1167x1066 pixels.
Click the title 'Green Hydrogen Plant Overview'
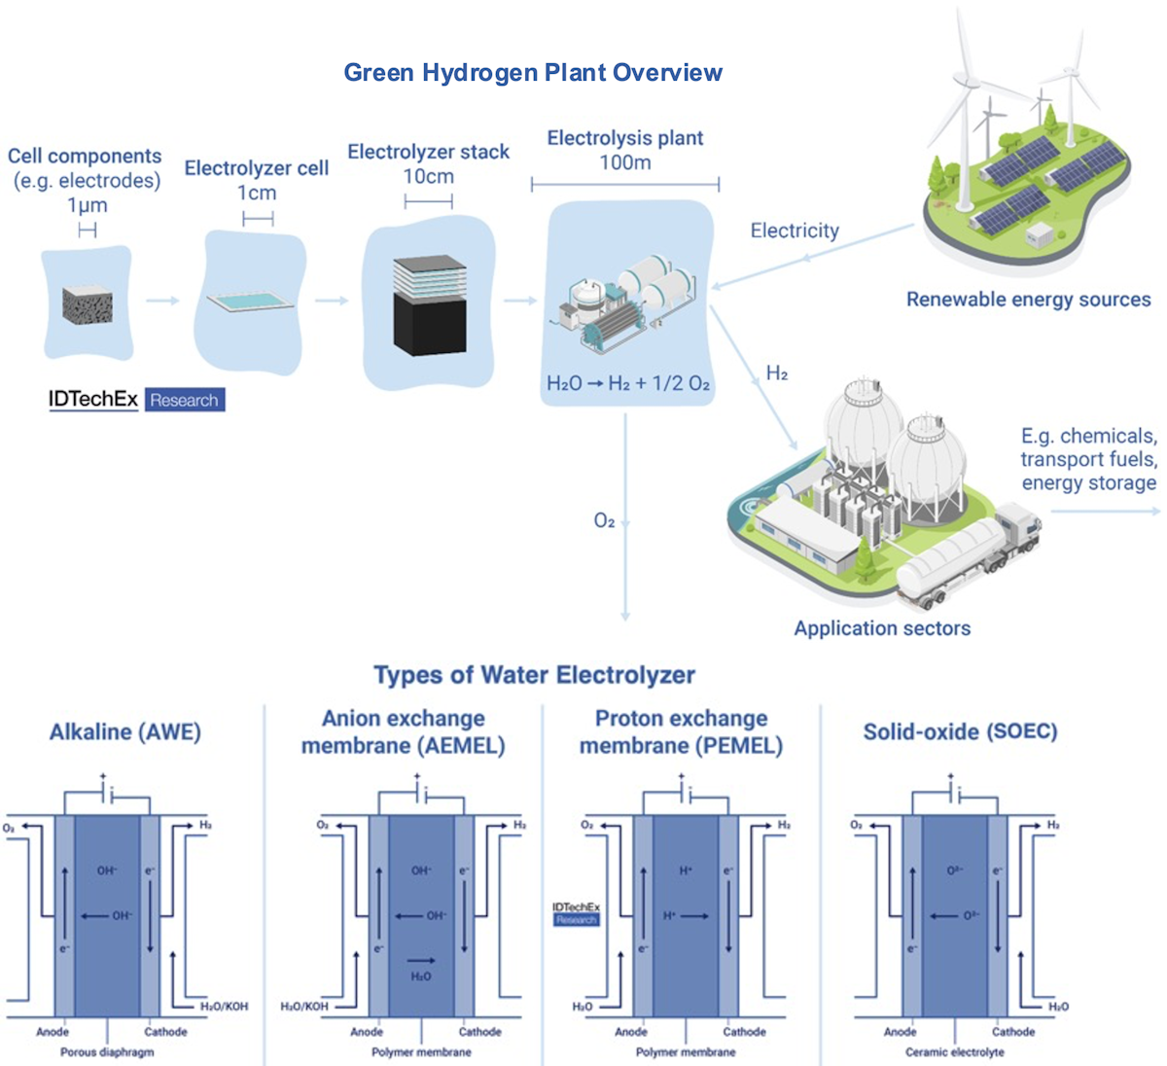pyautogui.click(x=533, y=73)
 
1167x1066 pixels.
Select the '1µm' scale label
pyautogui.click(x=87, y=205)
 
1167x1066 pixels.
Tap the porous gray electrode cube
pyautogui.click(x=88, y=305)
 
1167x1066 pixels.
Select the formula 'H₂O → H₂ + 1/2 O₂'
pyautogui.click(x=628, y=383)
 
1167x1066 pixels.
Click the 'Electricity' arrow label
pyautogui.click(x=794, y=231)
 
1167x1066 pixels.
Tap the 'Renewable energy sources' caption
pyautogui.click(x=1028, y=300)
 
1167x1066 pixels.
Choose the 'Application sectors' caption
pyautogui.click(x=882, y=628)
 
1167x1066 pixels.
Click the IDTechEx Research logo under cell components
pyautogui.click(x=136, y=400)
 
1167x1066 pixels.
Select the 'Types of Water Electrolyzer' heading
pyautogui.click(x=534, y=675)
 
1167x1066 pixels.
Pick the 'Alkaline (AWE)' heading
pyautogui.click(x=125, y=731)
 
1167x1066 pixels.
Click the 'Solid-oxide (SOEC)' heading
pyautogui.click(x=960, y=731)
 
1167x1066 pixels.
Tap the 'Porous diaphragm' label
pyautogui.click(x=107, y=1052)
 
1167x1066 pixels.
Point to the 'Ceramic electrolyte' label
pyautogui.click(x=954, y=1052)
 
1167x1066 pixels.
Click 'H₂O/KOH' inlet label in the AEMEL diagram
pyautogui.click(x=304, y=1007)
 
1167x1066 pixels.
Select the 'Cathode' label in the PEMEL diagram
pyautogui.click(x=744, y=1032)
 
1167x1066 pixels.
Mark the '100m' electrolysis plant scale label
pyautogui.click(x=624, y=162)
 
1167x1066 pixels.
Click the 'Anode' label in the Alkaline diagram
pyautogui.click(x=53, y=1032)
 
